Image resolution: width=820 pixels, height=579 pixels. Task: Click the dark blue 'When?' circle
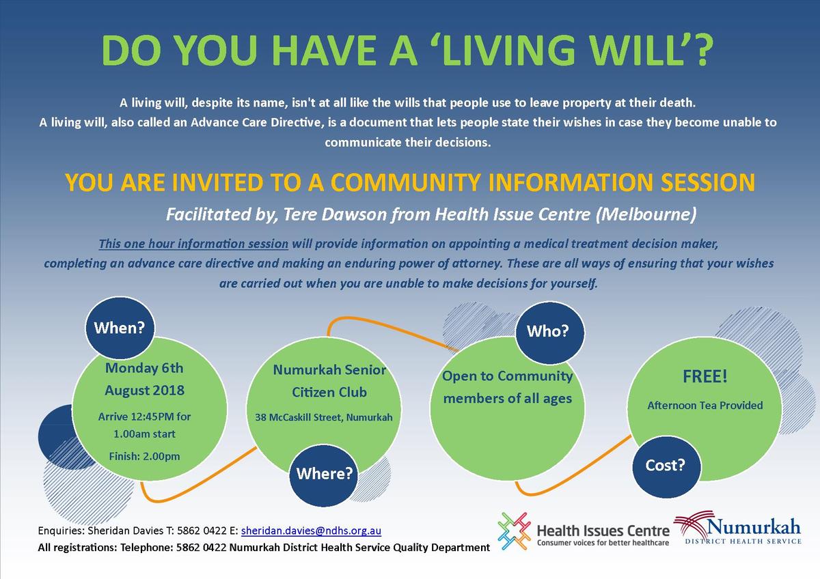[x=120, y=328]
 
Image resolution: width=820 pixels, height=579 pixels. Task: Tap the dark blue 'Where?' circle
[x=324, y=475]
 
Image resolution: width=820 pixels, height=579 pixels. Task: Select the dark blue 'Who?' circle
[x=549, y=332]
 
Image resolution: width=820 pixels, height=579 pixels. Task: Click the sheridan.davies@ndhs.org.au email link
[x=311, y=531]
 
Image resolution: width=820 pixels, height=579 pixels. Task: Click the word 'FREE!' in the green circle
[x=705, y=376]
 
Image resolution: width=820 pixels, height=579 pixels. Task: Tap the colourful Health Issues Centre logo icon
[x=514, y=531]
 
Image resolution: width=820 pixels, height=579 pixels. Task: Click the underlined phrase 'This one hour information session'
[x=193, y=244]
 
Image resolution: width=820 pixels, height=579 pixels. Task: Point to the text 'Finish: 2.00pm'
[x=145, y=457]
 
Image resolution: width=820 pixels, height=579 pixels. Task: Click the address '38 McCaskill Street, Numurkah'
[x=324, y=417]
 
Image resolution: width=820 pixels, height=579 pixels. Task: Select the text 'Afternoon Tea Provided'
[x=705, y=406]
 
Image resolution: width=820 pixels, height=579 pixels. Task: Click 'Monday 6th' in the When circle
[x=144, y=368]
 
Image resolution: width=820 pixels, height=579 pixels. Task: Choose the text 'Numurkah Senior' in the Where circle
[x=329, y=370]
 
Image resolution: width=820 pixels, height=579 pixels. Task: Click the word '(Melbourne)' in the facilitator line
[x=646, y=214]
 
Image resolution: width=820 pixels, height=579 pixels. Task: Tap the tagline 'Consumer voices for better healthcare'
[x=603, y=543]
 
